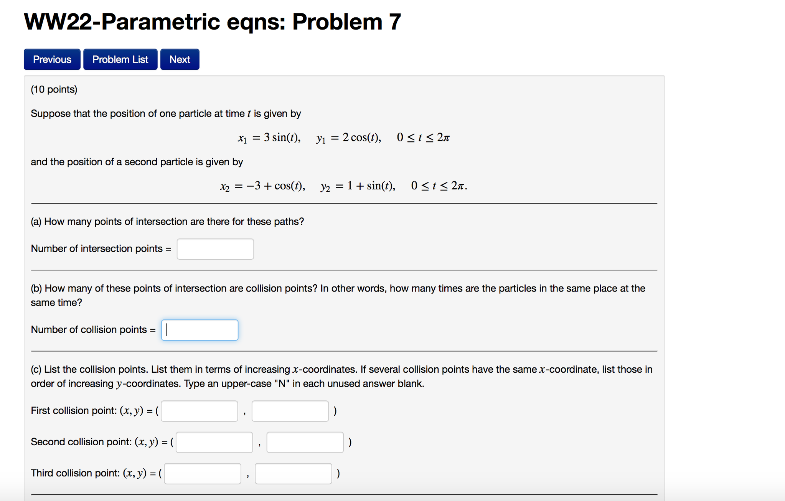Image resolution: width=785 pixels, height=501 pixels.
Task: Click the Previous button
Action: tap(52, 60)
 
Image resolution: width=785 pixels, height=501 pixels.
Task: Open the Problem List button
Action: tap(120, 60)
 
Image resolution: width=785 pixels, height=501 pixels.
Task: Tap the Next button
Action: tap(180, 60)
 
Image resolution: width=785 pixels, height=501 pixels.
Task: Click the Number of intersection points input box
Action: tap(215, 249)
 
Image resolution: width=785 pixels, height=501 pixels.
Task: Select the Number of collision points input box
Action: tap(200, 330)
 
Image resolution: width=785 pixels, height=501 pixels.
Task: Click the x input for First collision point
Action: tap(200, 411)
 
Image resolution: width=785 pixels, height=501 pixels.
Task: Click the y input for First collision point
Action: tap(290, 411)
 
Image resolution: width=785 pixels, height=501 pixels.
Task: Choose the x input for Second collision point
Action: tap(214, 442)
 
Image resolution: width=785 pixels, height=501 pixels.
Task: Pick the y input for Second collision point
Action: tap(305, 442)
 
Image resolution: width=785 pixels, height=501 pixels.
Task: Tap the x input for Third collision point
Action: tap(203, 473)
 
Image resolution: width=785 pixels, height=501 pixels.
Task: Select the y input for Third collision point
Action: tap(294, 473)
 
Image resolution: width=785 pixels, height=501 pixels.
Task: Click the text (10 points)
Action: tap(54, 90)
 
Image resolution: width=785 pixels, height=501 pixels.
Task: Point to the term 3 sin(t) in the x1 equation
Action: tap(282, 138)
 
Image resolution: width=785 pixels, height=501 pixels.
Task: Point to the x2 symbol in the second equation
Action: tap(225, 187)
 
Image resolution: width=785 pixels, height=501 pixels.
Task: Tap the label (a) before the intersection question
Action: tap(36, 222)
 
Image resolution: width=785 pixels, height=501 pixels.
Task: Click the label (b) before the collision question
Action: tap(36, 289)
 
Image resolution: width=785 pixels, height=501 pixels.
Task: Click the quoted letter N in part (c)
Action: tap(282, 384)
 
